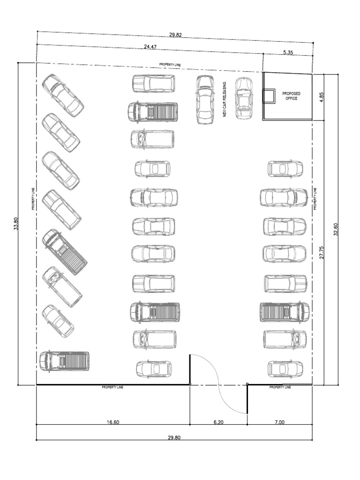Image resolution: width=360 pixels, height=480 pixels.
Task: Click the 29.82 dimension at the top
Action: pos(176,35)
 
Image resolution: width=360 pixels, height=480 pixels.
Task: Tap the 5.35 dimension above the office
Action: pos(288,53)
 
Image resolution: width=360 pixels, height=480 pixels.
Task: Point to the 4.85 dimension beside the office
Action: pos(322,97)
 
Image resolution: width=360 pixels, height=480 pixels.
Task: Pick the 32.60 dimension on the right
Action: pos(336,229)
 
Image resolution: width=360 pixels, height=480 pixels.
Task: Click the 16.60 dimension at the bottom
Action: pos(113,422)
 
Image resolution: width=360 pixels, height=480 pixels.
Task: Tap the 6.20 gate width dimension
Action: pos(218,422)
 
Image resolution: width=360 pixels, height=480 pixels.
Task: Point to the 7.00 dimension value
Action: pos(279,422)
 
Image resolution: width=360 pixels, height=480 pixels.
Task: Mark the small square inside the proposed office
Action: pos(269,96)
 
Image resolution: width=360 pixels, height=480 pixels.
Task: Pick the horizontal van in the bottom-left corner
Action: pos(65,361)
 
